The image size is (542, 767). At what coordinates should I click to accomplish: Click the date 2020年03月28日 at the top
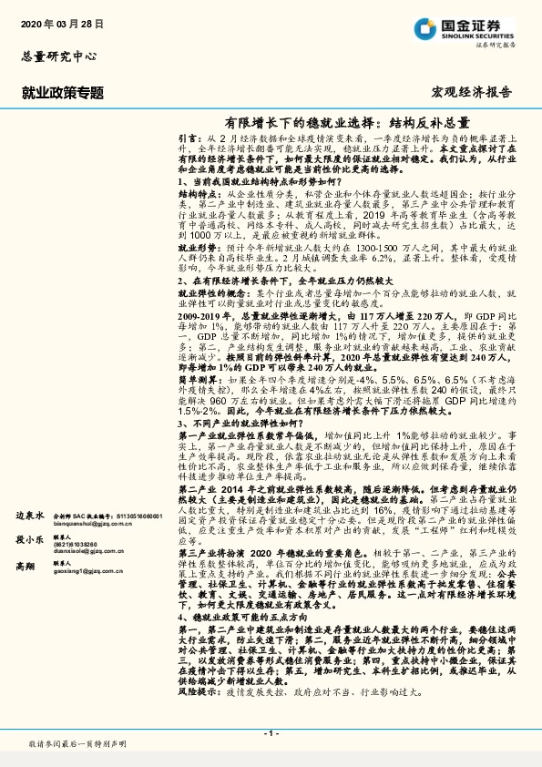62,22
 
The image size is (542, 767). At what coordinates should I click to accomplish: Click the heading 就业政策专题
62,93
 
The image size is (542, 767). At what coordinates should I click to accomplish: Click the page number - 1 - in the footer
271,732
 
